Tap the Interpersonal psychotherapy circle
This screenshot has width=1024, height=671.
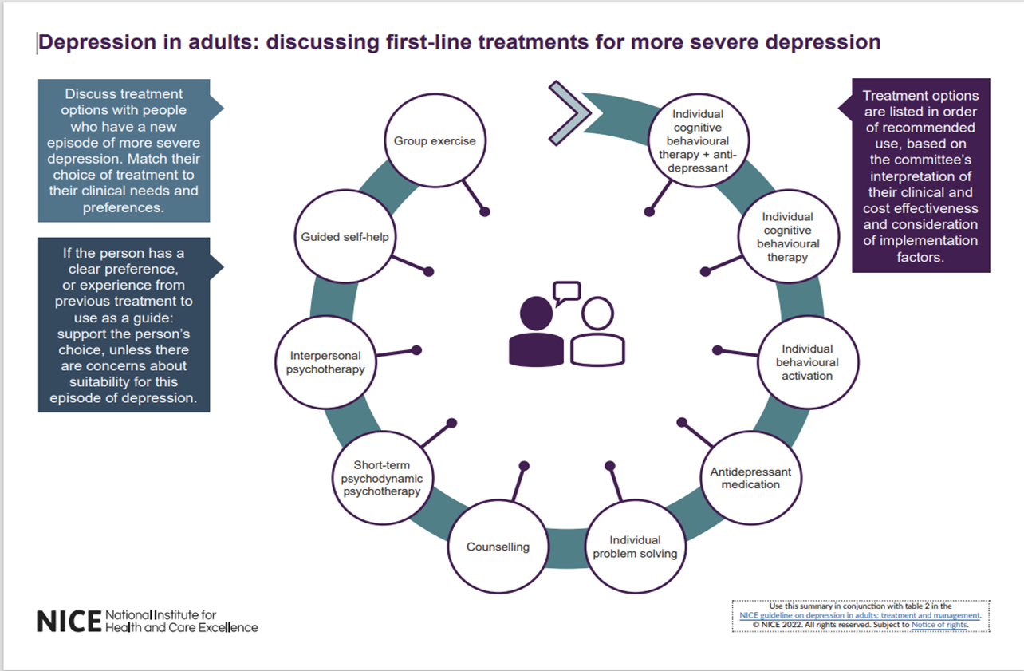coord(325,362)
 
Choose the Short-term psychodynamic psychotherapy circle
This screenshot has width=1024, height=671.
coord(376,477)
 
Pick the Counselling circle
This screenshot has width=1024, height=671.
coord(498,547)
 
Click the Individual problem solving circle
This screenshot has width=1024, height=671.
coord(635,547)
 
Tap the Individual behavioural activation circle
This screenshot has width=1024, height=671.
coord(807,362)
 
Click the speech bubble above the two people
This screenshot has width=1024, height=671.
coord(567,292)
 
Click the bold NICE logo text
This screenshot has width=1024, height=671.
coord(69,622)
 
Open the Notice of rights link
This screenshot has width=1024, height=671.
coord(939,625)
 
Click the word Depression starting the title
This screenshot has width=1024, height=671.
coord(85,42)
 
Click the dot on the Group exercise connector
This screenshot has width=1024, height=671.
coord(484,211)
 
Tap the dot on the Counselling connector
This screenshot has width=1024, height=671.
coord(524,465)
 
